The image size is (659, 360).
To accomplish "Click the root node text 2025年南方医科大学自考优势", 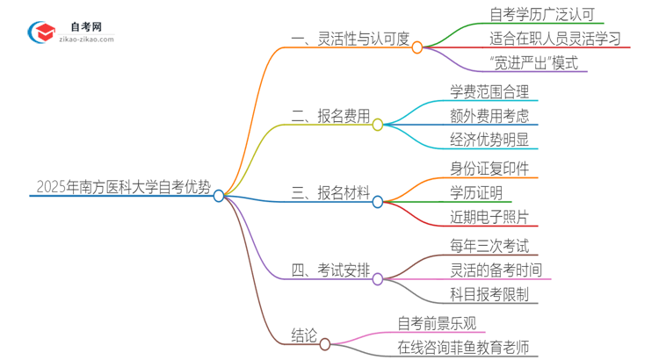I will (123, 187).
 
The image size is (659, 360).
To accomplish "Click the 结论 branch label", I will (304, 335).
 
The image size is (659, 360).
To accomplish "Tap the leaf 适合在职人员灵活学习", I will (555, 40).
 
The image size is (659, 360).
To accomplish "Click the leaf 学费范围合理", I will (489, 91).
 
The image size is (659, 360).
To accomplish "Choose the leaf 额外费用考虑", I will (489, 117).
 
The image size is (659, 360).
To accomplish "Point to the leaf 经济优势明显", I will (489, 141).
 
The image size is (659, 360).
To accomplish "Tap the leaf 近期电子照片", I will (489, 218).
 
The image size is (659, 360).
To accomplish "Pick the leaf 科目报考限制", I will (489, 295).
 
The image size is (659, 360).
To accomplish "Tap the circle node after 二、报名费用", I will (378, 125).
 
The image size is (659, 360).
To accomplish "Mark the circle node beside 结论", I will (325, 343).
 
